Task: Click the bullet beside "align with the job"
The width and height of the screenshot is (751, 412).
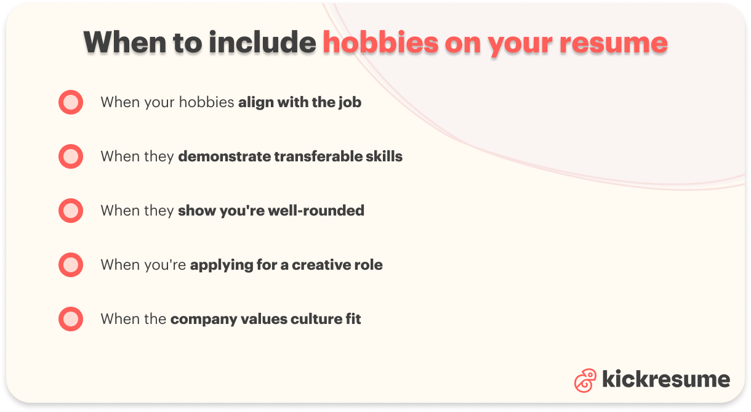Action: click(71, 102)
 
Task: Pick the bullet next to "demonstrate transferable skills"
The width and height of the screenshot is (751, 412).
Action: click(71, 156)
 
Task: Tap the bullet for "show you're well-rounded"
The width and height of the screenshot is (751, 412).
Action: click(71, 211)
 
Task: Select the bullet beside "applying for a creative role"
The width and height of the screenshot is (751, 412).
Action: click(71, 265)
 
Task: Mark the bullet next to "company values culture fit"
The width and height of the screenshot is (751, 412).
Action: click(71, 319)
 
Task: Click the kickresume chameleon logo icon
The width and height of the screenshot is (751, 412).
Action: click(585, 380)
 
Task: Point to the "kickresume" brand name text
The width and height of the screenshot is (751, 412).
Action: click(666, 379)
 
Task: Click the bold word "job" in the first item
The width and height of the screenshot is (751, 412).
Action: click(350, 102)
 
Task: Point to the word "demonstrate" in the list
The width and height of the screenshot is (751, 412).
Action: click(224, 156)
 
